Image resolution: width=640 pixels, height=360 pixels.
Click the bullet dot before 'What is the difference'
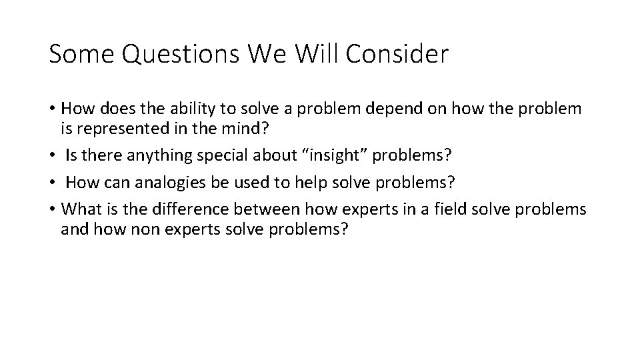(x=53, y=210)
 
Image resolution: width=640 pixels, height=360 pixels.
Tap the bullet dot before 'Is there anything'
(x=53, y=155)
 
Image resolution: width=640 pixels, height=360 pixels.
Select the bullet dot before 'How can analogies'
(x=53, y=183)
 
